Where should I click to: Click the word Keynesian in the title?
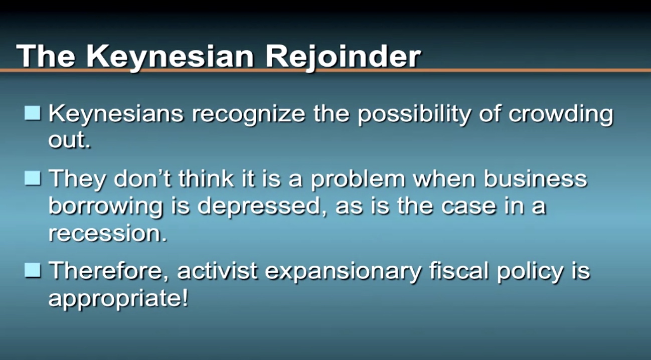point(170,57)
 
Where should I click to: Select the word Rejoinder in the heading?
point(343,57)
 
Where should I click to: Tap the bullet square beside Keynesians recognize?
point(32,113)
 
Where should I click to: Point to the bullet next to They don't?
point(32,178)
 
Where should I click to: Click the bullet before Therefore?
point(32,271)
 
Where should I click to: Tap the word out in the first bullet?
point(69,140)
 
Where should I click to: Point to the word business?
point(535,178)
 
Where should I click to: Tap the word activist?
point(217,271)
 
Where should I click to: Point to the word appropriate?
point(118,299)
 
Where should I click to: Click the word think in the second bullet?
point(206,178)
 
